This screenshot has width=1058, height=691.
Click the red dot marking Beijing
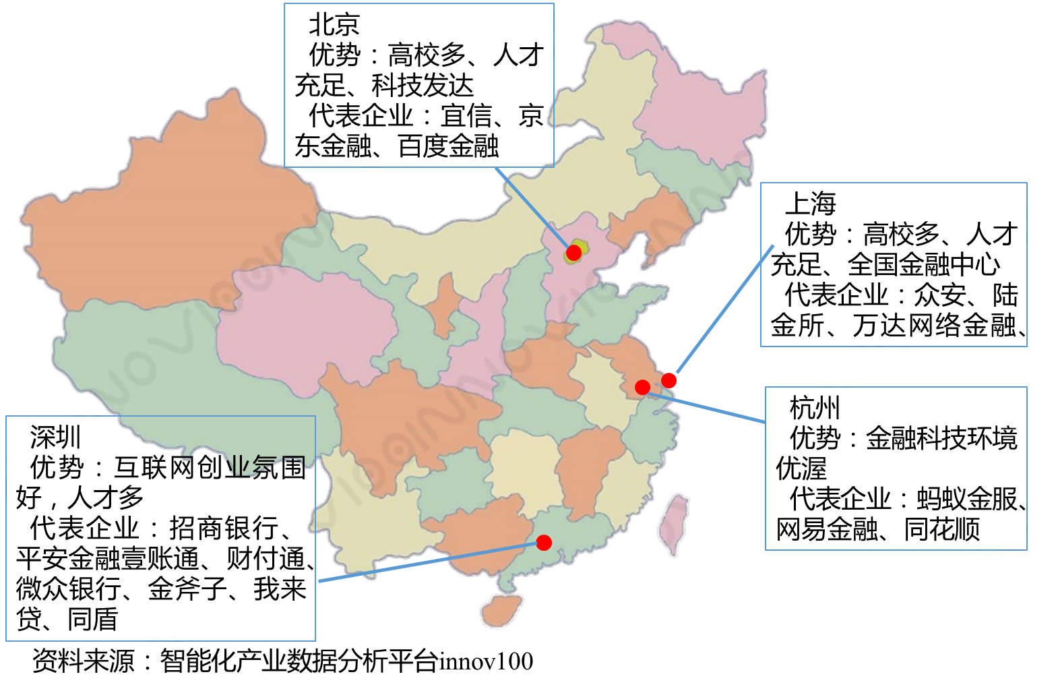pos(573,253)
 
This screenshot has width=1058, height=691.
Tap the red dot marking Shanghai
pos(668,380)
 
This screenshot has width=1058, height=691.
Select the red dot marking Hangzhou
pos(642,387)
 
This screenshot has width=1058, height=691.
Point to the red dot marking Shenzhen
pos(544,543)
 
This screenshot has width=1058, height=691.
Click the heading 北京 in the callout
pos(334,26)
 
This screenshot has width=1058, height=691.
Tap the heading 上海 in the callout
pos(810,204)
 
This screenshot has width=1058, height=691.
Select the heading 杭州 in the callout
pos(815,408)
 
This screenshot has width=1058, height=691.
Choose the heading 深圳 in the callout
pos(55,438)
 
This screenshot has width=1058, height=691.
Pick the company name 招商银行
pos(223,529)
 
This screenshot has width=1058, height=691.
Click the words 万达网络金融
pos(934,326)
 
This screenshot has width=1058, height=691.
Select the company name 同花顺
pos(941,530)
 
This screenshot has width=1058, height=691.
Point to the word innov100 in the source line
pos(486,662)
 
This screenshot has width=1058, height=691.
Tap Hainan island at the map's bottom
pos(502,611)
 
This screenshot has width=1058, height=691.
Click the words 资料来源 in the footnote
pos(84,662)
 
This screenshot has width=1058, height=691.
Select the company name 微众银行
pos(69,589)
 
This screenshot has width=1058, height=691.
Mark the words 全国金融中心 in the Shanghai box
pos(924,265)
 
